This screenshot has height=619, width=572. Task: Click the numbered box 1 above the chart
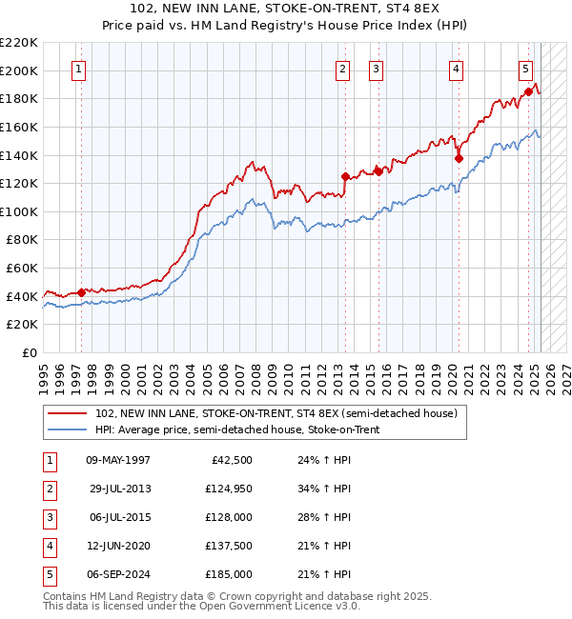click(77, 69)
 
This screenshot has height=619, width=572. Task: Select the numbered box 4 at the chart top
click(457, 69)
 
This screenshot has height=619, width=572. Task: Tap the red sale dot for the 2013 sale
click(345, 176)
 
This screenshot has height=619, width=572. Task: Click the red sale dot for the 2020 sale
click(459, 158)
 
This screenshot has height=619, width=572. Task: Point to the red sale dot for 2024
click(527, 91)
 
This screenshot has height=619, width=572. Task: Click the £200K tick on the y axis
click(19, 70)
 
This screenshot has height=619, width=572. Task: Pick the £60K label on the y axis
click(22, 269)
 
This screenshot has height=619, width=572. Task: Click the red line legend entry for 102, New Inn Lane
click(276, 413)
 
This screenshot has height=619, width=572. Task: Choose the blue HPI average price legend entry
click(249, 429)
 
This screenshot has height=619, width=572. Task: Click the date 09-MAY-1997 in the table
click(118, 461)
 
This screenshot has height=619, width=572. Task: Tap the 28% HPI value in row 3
click(319, 518)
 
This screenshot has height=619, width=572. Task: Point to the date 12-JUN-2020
click(118, 547)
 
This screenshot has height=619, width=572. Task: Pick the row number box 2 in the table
click(49, 489)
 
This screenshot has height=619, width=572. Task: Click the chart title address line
click(286, 9)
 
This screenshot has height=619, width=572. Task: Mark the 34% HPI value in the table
click(319, 489)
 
